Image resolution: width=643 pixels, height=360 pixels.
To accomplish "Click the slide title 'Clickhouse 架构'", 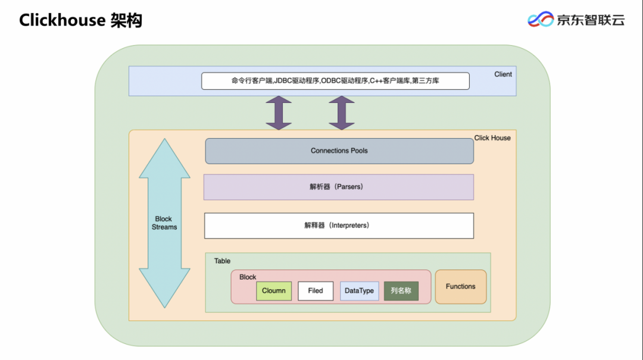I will click(x=80, y=20).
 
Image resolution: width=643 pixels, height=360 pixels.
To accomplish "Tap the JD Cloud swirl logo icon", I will click(x=541, y=20).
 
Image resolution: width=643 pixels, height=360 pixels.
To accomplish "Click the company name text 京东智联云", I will click(x=591, y=20).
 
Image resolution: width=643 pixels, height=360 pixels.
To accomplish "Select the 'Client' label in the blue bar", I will click(x=502, y=74).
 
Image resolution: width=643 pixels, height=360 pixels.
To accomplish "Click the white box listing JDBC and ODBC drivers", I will click(x=335, y=81).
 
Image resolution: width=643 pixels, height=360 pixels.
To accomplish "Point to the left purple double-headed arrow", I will click(x=279, y=113).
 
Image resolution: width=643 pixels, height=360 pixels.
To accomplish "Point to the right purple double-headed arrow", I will click(x=342, y=113).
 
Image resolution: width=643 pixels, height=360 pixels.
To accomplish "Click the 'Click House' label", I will click(x=492, y=138).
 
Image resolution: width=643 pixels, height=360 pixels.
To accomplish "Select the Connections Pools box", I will click(x=339, y=151).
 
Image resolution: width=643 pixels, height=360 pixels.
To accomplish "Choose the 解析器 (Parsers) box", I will click(x=338, y=187).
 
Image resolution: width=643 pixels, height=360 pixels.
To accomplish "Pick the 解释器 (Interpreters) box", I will click(x=338, y=226).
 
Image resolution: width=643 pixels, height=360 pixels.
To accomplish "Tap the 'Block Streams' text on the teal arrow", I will click(x=164, y=223).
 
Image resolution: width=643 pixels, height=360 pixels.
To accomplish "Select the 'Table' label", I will click(x=222, y=261).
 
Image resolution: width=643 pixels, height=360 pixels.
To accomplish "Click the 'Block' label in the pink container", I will click(x=248, y=277).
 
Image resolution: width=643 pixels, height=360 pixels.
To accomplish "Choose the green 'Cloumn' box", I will click(x=274, y=291).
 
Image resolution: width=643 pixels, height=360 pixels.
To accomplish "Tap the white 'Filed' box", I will click(x=316, y=291).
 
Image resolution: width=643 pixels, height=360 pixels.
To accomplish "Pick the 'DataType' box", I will click(x=359, y=291).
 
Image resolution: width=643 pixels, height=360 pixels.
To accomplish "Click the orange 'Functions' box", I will click(x=461, y=287).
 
